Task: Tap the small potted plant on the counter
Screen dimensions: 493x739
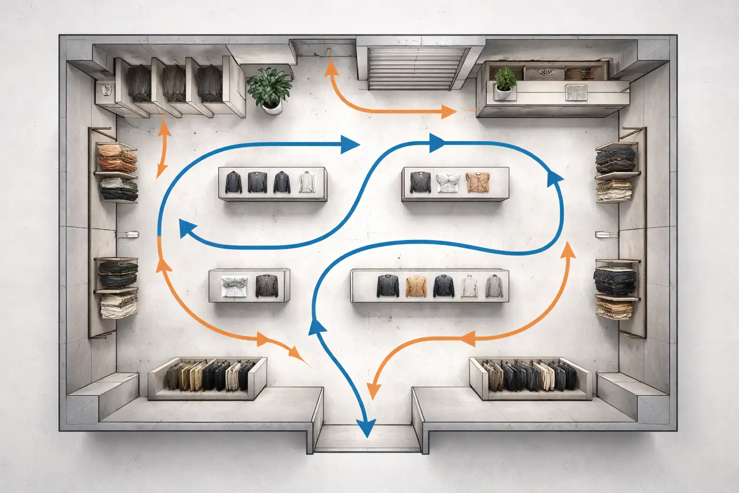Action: coord(505,80)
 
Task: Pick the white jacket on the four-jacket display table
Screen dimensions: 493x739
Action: coord(306,182)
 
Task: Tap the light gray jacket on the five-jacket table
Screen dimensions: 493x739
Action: coord(492,286)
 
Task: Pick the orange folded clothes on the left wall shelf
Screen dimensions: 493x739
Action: coord(117,158)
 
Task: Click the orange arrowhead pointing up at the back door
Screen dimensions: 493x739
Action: coord(330,67)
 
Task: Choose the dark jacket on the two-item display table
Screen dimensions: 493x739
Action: coord(265,285)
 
